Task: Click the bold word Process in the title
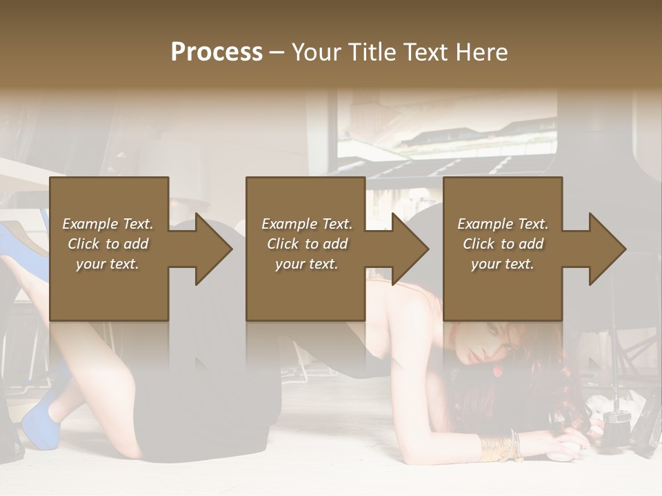point(217,52)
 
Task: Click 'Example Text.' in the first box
point(108,224)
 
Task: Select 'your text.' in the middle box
point(307,264)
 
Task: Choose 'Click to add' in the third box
point(503,244)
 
